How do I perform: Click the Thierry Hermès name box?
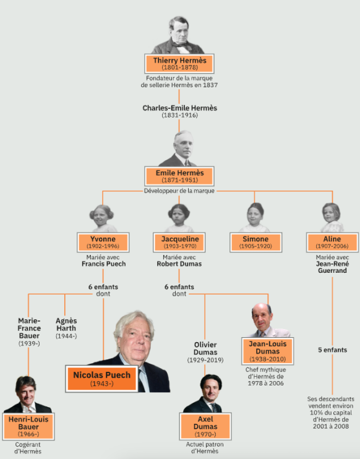[179, 64]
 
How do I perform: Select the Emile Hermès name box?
[179, 176]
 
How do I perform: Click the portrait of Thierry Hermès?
[178, 35]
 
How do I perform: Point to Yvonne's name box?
[103, 242]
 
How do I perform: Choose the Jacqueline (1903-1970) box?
[179, 242]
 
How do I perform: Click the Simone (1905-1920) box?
[256, 242]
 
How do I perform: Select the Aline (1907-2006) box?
[332, 242]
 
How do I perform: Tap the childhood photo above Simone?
[255, 218]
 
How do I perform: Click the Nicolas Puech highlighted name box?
[101, 379]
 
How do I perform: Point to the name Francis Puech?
[104, 264]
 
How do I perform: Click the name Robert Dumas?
[179, 264]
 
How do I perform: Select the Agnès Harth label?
[66, 328]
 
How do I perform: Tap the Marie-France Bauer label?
[29, 332]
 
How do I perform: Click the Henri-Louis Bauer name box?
[28, 426]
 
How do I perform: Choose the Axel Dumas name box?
[205, 426]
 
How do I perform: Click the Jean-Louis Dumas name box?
[267, 351]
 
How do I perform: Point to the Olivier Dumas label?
[205, 352]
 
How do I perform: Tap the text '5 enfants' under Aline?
[333, 350]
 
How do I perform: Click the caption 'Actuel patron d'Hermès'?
[205, 448]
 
